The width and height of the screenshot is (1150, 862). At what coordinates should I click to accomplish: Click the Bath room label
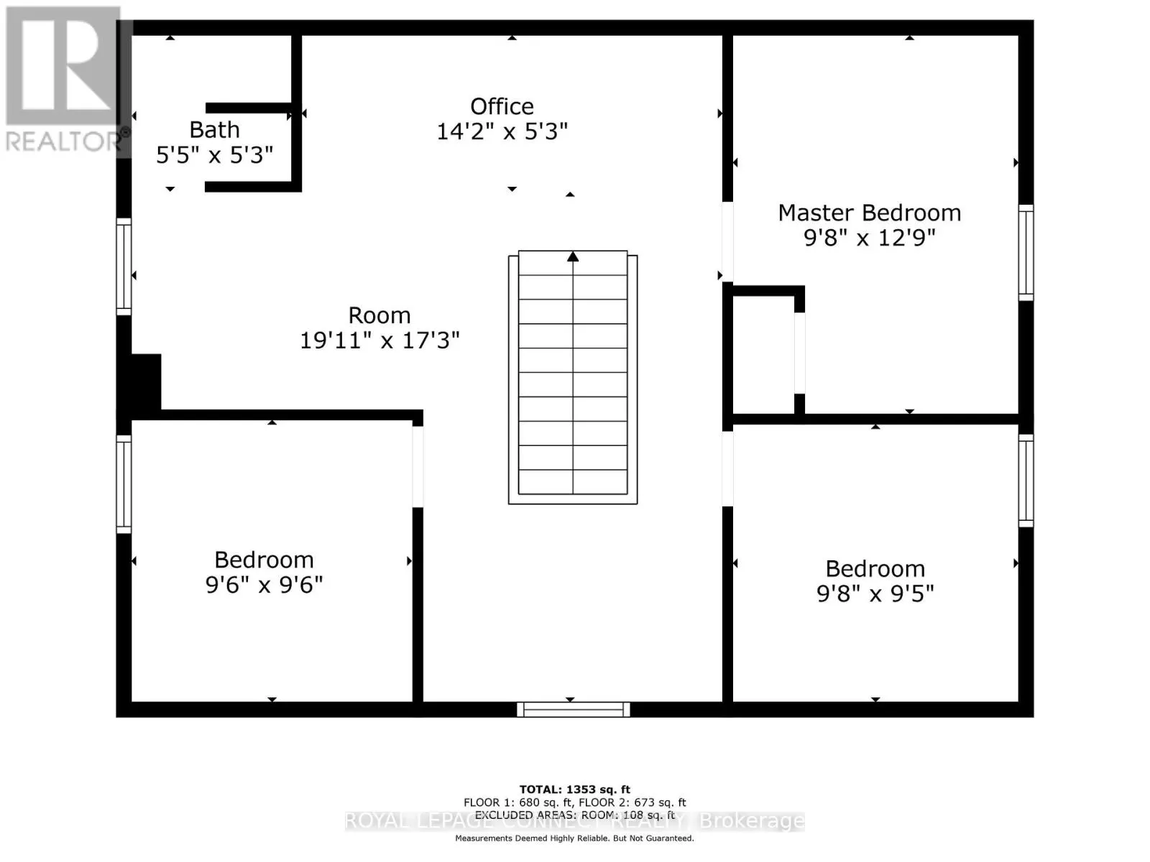click(x=214, y=130)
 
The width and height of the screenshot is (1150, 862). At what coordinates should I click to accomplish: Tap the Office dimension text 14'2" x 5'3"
click(x=502, y=131)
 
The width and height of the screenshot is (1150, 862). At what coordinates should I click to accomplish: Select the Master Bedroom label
click(x=869, y=213)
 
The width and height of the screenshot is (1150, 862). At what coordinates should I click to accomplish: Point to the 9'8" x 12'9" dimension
click(x=869, y=238)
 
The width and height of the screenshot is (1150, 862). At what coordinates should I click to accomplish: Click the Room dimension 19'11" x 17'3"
click(x=379, y=340)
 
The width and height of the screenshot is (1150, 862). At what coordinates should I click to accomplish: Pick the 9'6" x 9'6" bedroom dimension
click(x=264, y=585)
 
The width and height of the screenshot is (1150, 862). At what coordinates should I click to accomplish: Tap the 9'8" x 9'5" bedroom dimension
click(x=875, y=593)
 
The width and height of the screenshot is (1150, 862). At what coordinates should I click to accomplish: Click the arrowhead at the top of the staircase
click(x=573, y=256)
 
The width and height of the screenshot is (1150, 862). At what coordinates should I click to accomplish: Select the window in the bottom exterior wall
click(x=573, y=710)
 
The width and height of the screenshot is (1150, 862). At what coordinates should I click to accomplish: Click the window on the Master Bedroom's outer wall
click(x=1026, y=252)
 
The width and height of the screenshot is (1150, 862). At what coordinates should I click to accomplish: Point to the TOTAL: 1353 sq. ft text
click(x=574, y=789)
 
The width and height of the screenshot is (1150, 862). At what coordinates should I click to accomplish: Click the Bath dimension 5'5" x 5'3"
click(x=214, y=155)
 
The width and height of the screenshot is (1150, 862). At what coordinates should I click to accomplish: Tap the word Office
click(x=502, y=106)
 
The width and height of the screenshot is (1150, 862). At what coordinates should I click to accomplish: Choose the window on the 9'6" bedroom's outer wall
click(x=124, y=484)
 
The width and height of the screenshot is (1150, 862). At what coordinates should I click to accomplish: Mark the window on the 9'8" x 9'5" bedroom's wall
click(x=1026, y=480)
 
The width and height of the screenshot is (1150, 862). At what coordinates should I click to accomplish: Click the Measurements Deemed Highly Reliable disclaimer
click(x=574, y=838)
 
